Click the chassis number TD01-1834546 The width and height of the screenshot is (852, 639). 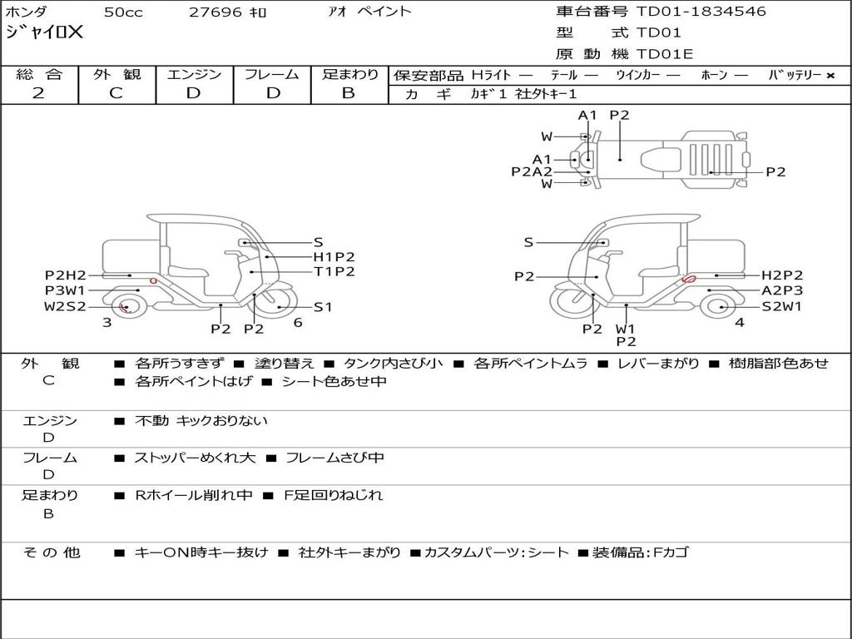701,11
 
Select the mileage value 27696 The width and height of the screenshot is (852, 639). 215,12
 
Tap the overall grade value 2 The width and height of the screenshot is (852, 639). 38,93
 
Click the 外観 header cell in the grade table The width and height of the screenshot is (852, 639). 116,74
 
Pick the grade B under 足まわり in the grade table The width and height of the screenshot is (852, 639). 349,93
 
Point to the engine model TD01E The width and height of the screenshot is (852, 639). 665,54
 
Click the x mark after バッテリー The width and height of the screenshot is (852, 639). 830,76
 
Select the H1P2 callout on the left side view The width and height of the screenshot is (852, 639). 334,256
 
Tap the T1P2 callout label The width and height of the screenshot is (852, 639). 334,271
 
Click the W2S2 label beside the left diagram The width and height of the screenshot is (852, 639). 65,306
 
